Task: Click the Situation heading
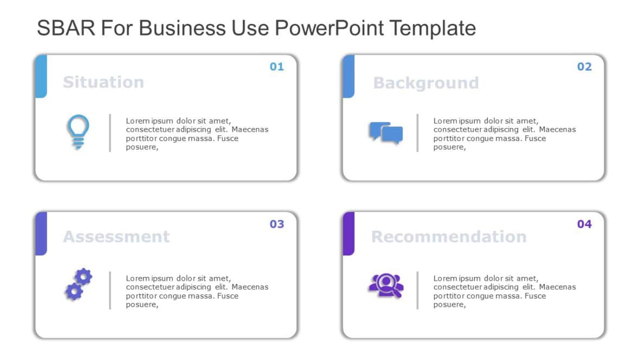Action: coord(103,82)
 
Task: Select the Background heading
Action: coord(426,83)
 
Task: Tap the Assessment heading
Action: coord(116,237)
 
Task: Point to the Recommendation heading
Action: coord(449,237)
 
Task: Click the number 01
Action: coord(277,67)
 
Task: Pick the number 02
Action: coord(584,67)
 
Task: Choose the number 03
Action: coord(277,224)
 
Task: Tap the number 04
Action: coord(584,224)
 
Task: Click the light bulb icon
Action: coord(78,132)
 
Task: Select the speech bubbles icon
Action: coord(386,133)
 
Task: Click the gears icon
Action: coord(78,284)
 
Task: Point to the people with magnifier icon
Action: coord(386,286)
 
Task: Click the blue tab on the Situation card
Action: coord(41,76)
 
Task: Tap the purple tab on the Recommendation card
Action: coord(348,233)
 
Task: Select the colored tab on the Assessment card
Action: coord(41,233)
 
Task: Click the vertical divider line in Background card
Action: coord(417,133)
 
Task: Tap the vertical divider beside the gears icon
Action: coord(110,290)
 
